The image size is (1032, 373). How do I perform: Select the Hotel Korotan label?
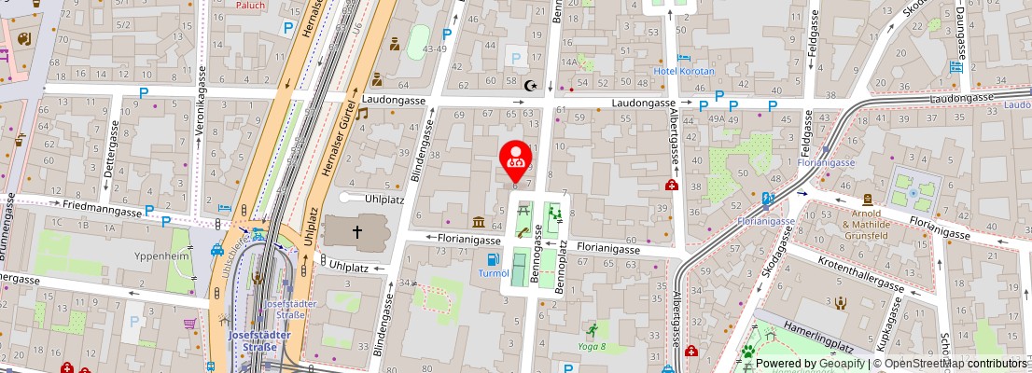click(684, 71)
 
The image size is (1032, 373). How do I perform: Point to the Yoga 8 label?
click(591, 346)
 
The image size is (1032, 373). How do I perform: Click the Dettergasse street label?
click(108, 162)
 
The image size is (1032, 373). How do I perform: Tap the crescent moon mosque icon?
click(532, 86)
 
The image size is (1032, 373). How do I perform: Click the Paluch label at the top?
click(250, 6)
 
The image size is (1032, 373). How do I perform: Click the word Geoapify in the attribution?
click(839, 364)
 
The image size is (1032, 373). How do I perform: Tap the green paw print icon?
click(747, 352)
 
